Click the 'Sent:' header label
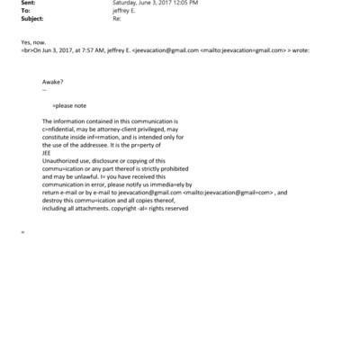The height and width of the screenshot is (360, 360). (x=27, y=3)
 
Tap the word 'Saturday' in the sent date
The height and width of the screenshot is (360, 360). (x=128, y=3)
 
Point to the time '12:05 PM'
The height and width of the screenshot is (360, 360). (x=185, y=3)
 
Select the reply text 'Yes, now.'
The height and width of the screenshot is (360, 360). (x=31, y=41)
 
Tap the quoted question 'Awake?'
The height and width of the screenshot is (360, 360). (x=53, y=83)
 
